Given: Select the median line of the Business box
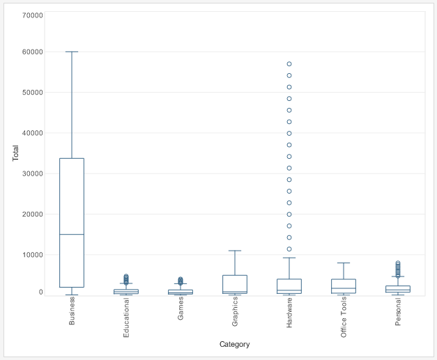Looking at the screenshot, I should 72,235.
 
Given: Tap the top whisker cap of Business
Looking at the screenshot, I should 72,52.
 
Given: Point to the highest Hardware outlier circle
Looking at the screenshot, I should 289,64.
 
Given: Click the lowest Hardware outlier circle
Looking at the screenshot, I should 289,249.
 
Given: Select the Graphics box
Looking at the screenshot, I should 235,284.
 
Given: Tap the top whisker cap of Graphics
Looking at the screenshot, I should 235,251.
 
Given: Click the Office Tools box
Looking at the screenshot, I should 344,285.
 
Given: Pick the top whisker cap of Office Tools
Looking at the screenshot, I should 344,263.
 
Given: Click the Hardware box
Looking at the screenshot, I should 289,285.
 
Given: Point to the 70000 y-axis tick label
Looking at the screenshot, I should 33,15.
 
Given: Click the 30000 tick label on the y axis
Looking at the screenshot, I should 33,173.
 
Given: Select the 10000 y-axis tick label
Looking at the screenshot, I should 33,255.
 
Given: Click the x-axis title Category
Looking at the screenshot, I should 234,344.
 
